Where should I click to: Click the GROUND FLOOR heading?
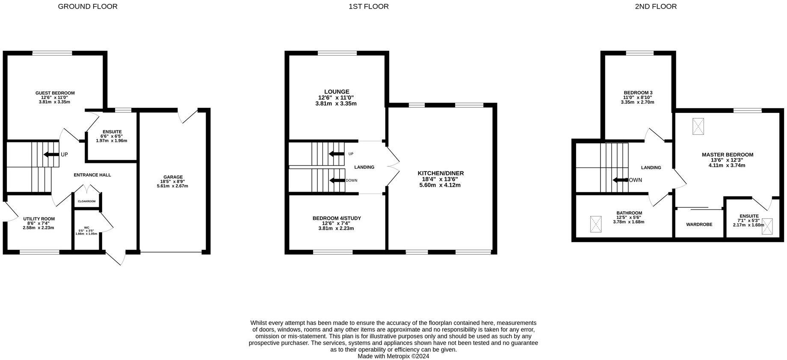88,6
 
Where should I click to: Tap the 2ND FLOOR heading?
656,6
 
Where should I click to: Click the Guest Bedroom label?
55,93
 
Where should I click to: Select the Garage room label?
172,177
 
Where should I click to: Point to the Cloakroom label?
86,201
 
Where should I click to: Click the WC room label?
86,228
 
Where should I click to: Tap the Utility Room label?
38,219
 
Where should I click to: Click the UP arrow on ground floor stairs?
51,154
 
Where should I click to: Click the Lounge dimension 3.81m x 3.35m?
336,103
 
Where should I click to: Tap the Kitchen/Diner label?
441,173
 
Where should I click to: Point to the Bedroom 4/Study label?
337,218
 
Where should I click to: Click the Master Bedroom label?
727,155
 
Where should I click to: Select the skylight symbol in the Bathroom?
595,224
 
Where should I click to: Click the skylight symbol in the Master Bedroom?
698,126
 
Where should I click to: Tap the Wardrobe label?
699,224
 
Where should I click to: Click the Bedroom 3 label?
638,93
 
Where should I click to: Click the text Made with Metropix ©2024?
393,356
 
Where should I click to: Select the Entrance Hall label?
92,175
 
